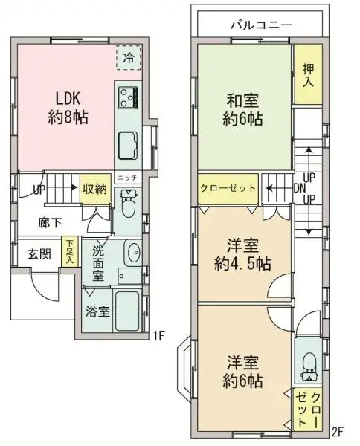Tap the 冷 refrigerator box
129,58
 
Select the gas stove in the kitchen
127,97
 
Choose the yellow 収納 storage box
95,190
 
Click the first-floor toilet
127,204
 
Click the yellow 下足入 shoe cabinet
68,251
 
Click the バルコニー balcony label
260,25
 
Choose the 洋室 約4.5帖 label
243,254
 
